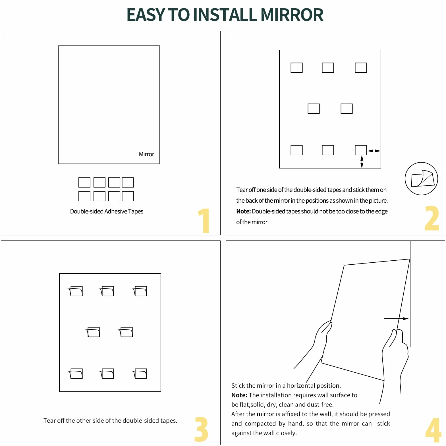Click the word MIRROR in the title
coord(292,15)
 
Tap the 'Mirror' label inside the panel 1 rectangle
coord(146,154)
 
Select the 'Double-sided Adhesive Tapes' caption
coord(107,211)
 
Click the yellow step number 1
coord(204,221)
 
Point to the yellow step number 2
coord(432,218)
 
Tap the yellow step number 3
coord(201,429)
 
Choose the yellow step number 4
coord(433,430)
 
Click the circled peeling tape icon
coord(421,179)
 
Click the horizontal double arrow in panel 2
coord(374,151)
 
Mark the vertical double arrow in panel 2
coord(362,162)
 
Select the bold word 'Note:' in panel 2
coord(243,211)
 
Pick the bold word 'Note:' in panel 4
coord(239,395)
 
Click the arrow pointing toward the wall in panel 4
coord(396,319)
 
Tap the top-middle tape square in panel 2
coord(328,68)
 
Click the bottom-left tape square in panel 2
coord(296,150)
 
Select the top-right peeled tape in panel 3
coord(140,291)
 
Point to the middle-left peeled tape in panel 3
coord(93,332)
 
